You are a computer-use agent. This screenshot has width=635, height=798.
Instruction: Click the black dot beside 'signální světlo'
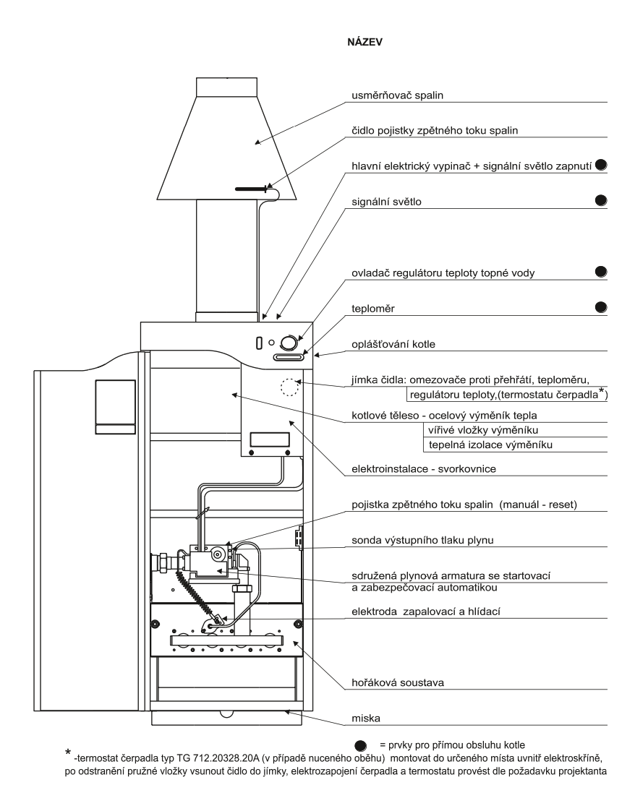600,198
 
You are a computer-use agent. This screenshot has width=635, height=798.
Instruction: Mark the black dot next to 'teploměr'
600,306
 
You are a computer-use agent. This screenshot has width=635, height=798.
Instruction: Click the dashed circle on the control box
289,387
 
